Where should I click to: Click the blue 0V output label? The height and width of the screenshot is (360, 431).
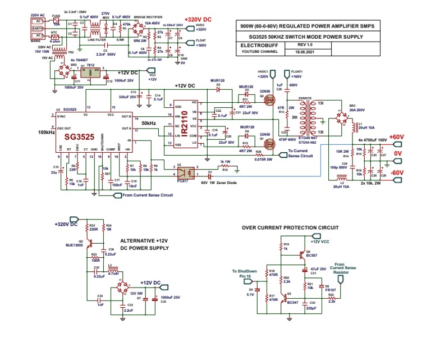[397, 153]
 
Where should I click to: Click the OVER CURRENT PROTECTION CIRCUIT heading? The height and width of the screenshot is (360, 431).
[290, 227]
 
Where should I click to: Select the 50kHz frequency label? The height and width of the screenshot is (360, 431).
[149, 122]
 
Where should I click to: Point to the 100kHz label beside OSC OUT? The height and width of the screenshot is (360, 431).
[47, 133]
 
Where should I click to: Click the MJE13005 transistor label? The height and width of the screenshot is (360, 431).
[75, 245]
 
